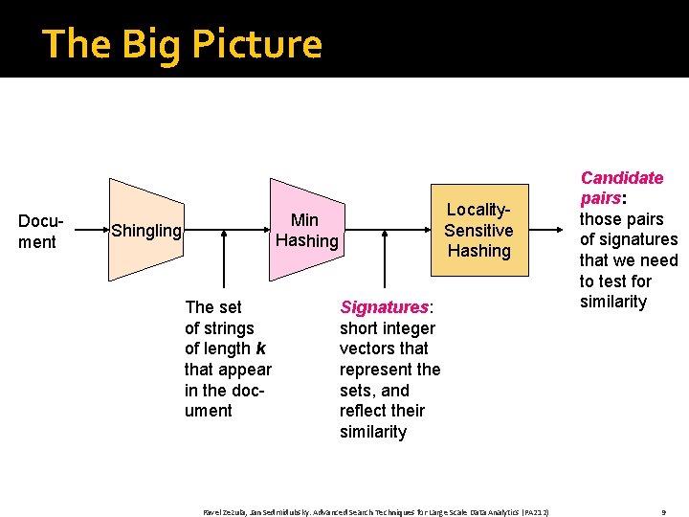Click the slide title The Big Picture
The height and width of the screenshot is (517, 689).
coord(182,44)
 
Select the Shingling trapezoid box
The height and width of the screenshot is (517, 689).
coord(145,230)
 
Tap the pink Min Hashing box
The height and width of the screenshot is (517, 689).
coord(306,230)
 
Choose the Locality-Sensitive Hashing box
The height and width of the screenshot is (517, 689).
coord(478,230)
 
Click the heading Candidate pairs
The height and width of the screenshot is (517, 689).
coord(621,188)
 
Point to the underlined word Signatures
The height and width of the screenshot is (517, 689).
coord(385,307)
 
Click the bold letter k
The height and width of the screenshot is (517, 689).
coord(260,348)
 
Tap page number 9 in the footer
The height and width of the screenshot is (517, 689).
coord(663,512)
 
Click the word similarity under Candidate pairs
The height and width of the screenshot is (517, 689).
coord(613,302)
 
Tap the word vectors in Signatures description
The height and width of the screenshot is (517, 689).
coord(366,348)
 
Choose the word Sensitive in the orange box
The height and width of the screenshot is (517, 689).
coord(478,230)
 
